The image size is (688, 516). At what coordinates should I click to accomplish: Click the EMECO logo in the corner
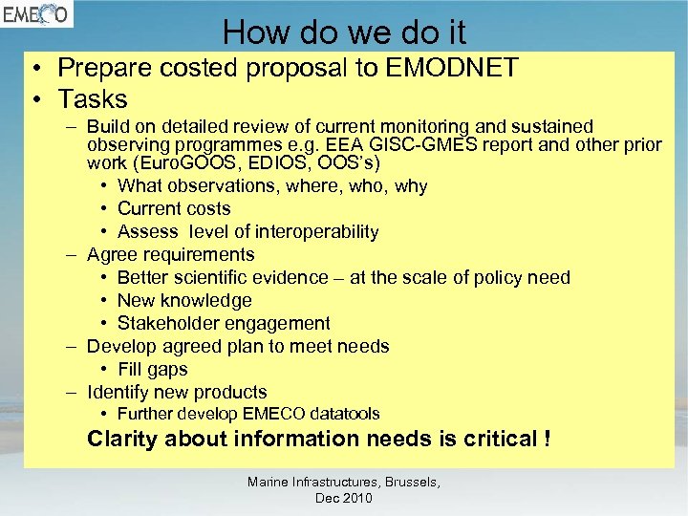tap(35, 16)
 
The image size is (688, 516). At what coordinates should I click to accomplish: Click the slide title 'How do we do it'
tap(344, 32)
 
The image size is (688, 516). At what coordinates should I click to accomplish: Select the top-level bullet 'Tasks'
tap(93, 98)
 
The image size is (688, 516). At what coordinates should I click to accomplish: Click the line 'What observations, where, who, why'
tap(271, 186)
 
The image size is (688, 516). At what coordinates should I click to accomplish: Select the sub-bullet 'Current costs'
tap(174, 209)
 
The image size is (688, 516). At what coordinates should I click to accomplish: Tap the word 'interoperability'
tap(312, 232)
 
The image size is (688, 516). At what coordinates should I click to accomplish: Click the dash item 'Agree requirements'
tap(170, 255)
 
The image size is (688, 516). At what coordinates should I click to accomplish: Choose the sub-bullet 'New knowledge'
tap(184, 301)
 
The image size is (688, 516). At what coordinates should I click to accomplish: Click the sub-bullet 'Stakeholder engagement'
tap(224, 324)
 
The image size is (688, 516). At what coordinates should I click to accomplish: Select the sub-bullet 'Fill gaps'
tap(153, 370)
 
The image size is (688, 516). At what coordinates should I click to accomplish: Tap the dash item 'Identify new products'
tap(177, 393)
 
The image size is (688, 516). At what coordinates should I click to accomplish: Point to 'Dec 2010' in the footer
tap(343, 499)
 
